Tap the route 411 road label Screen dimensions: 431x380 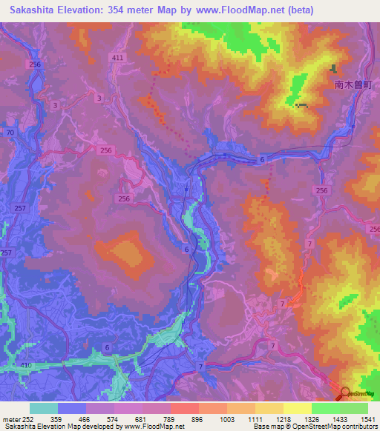pyautogui.click(x=117, y=58)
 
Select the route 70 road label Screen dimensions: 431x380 pyautogui.click(x=10, y=133)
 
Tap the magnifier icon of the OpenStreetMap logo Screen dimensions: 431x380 pyautogui.click(x=344, y=394)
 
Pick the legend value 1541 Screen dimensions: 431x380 pyautogui.click(x=367, y=419)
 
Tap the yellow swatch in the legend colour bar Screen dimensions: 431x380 pyautogui.click(x=297, y=408)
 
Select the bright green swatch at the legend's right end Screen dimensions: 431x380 pyautogui.click(x=354, y=408)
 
